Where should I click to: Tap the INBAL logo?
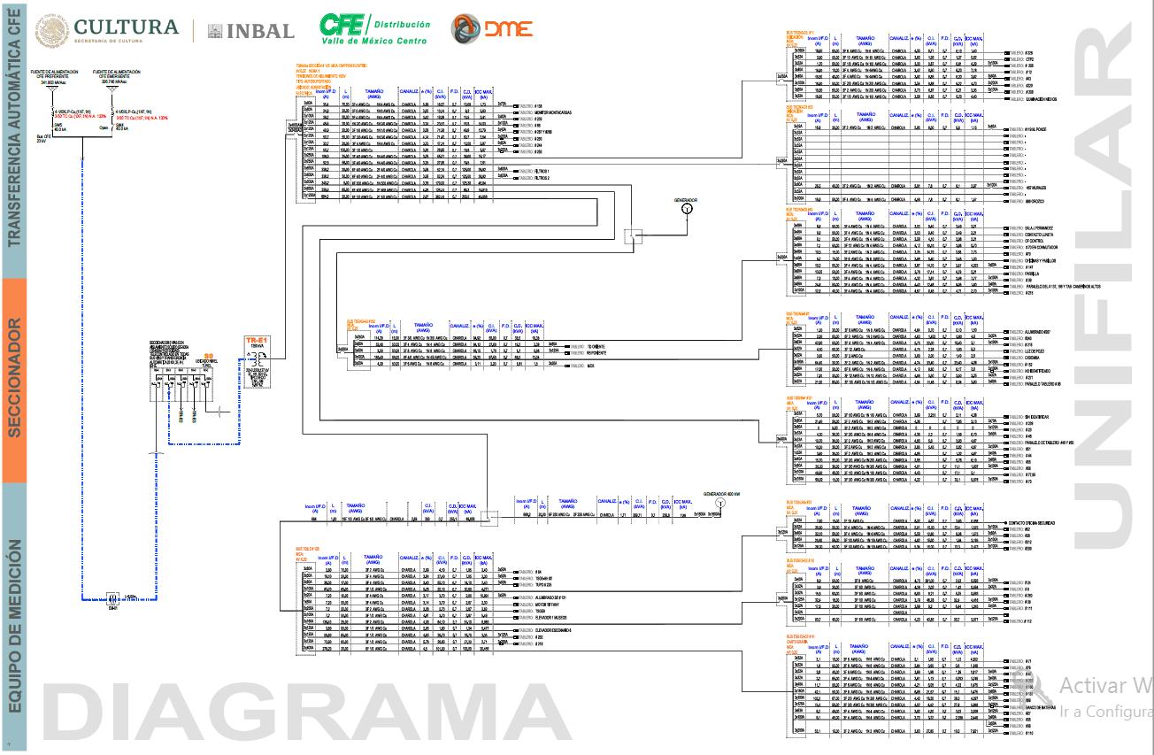(x=251, y=31)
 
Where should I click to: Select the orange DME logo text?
(x=508, y=29)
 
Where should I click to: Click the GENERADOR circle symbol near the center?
(x=686, y=212)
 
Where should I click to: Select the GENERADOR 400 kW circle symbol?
(x=720, y=502)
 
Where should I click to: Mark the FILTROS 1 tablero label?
(x=544, y=171)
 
